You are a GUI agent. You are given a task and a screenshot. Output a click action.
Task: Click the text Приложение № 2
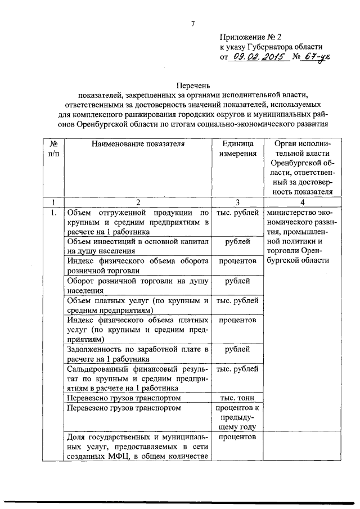point(251,35)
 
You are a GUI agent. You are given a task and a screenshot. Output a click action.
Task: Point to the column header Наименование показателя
point(137,144)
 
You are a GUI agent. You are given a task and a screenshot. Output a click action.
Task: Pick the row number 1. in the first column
point(53,213)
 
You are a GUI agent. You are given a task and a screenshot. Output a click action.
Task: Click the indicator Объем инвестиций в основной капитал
point(137,246)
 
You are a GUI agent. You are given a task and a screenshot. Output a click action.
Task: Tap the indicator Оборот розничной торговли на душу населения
point(137,286)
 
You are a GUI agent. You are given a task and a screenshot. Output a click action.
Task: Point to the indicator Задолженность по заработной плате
point(137,353)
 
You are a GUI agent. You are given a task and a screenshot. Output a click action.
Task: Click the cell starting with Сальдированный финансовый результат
point(137,379)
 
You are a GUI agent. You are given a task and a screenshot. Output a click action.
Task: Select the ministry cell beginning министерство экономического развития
point(301,236)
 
